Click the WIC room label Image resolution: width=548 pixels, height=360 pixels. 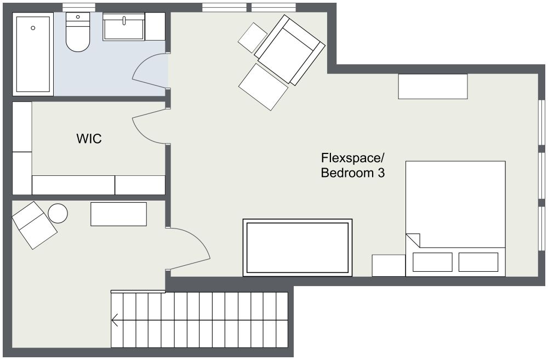pyautogui.click(x=89, y=139)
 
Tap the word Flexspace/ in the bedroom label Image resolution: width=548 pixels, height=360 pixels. pyautogui.click(x=352, y=158)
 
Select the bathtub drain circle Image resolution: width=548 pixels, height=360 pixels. pyautogui.click(x=33, y=28)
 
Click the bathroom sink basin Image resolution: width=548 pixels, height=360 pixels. pyautogui.click(x=124, y=27)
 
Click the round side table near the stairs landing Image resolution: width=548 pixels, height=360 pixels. pyautogui.click(x=58, y=213)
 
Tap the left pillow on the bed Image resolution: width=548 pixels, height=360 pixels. pyautogui.click(x=432, y=262)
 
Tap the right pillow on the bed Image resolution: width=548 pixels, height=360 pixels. pyautogui.click(x=478, y=262)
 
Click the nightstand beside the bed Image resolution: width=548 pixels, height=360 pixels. pyautogui.click(x=389, y=266)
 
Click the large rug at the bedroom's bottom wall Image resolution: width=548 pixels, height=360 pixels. pyautogui.click(x=298, y=248)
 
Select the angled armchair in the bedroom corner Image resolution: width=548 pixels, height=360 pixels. pyautogui.click(x=289, y=50)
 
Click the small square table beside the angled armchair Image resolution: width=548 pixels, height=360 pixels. pyautogui.click(x=253, y=38)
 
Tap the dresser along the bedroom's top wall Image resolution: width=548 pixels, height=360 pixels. pyautogui.click(x=433, y=87)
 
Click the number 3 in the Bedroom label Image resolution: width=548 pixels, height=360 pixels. pyautogui.click(x=381, y=173)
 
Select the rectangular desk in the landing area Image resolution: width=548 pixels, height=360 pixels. pyautogui.click(x=118, y=214)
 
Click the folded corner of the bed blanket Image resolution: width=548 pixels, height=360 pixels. pyautogui.click(x=413, y=240)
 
